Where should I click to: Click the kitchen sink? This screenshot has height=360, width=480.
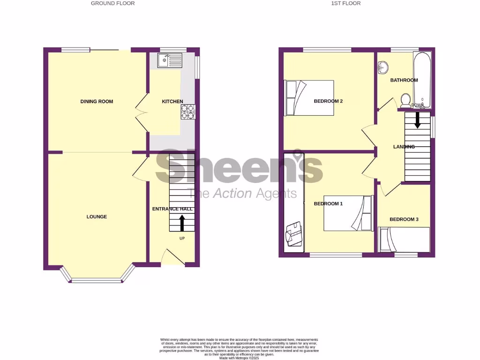click(170, 60)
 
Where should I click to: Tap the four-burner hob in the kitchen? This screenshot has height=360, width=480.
click(187, 112)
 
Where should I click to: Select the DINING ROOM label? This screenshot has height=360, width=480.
click(97, 101)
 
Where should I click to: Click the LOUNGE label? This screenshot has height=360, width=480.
click(97, 217)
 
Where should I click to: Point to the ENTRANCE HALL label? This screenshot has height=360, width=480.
click(172, 209)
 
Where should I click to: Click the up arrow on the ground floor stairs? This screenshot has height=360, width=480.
click(182, 223)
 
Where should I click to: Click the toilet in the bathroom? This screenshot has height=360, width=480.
click(405, 100)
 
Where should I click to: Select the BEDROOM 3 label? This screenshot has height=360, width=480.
click(404, 219)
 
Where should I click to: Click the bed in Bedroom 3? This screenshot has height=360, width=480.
click(404, 239)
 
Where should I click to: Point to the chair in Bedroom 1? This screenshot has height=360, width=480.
click(294, 233)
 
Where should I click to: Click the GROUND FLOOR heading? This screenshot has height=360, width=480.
click(112, 3)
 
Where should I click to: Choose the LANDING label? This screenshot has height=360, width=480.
click(404, 147)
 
